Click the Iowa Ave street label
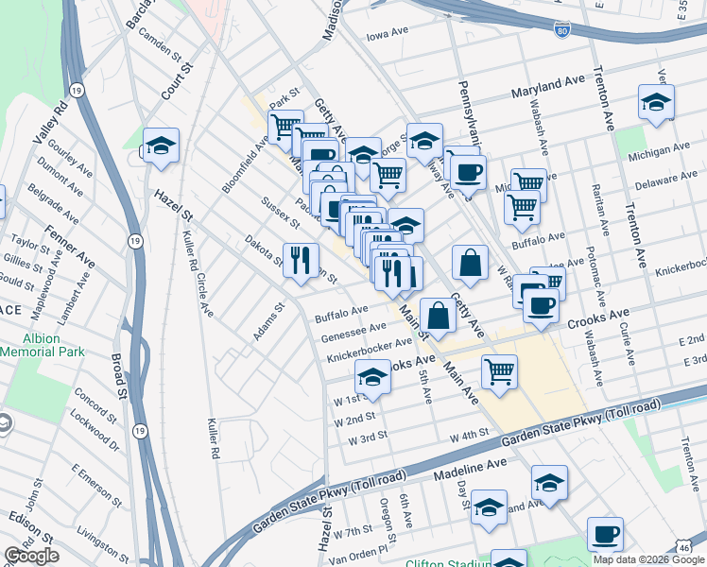coord(387,33)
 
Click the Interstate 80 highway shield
coord(562,31)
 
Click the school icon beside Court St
coord(161,146)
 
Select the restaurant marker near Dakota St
coord(301,260)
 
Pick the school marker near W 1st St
coord(372,378)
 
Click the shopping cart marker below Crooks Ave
coord(498,370)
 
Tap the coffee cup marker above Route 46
coord(605,534)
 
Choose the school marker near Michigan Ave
coord(656,102)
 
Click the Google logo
coord(30,556)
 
